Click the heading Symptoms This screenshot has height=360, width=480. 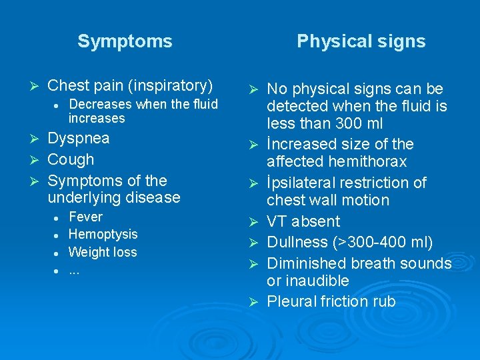(x=125, y=41)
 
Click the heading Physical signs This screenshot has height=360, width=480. (x=361, y=41)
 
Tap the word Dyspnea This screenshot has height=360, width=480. (x=79, y=139)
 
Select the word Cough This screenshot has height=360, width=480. (x=71, y=159)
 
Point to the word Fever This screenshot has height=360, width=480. (x=85, y=217)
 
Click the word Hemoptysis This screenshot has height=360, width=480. (x=103, y=234)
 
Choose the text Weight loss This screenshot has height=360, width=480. (x=102, y=252)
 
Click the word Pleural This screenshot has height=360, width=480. (x=291, y=301)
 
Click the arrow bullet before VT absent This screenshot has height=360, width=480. (x=252, y=221)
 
